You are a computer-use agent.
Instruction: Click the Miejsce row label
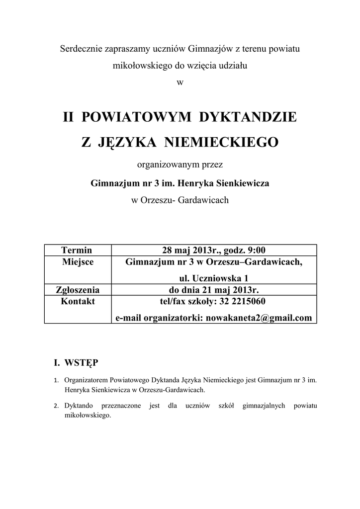coord(77,262)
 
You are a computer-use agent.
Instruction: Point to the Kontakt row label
coord(78,302)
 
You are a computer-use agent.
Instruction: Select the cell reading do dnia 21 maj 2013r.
coord(214,290)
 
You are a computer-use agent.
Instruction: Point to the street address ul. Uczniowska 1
coord(214,278)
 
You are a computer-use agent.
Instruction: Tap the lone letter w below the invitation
coord(180,83)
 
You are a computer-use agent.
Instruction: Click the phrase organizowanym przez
coord(180,166)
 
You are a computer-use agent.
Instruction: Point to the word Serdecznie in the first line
coord(80,49)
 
